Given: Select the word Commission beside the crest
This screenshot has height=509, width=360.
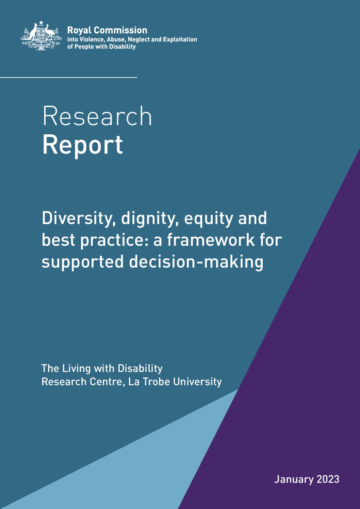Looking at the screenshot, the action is pyautogui.click(x=120, y=30).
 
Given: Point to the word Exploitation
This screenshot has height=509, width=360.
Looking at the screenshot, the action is pyautogui.click(x=180, y=39).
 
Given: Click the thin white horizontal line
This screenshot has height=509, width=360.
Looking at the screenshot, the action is pyautogui.click(x=68, y=78).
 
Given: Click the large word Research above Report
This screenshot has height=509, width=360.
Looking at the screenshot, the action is pyautogui.click(x=97, y=116).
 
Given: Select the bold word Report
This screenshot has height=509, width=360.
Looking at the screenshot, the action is pyautogui.click(x=83, y=145).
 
